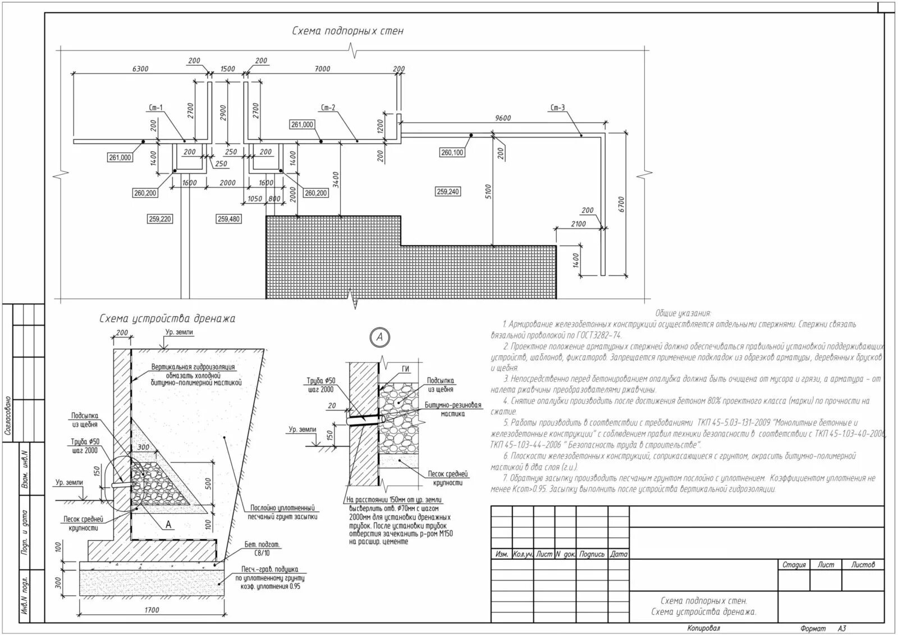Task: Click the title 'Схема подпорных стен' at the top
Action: [347, 31]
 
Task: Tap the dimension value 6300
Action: [140, 69]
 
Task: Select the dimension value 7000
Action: [323, 69]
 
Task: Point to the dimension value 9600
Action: [503, 118]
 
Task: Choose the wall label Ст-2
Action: [328, 108]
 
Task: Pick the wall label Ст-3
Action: [557, 108]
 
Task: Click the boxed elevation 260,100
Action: [452, 152]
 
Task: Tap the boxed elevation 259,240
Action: [448, 192]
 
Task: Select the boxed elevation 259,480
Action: [228, 219]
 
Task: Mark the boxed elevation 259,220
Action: [160, 219]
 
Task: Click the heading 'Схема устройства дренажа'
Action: [167, 319]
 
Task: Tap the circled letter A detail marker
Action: [380, 337]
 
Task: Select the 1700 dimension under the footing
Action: [152, 610]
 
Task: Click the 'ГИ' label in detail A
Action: [406, 369]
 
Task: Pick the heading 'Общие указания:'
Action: [683, 313]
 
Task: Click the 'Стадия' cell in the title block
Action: [794, 565]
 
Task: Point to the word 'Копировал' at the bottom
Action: [703, 628]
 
